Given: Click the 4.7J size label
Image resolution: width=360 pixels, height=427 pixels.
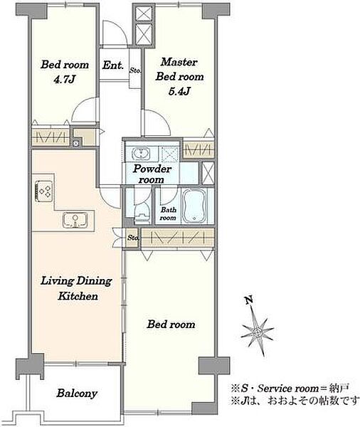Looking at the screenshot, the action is tap(64, 80).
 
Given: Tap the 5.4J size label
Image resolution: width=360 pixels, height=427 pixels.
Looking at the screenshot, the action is tap(179, 92).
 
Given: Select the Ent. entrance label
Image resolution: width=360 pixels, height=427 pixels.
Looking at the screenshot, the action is tap(113, 65).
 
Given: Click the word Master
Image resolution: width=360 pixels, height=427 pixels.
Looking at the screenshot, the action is tap(179, 62).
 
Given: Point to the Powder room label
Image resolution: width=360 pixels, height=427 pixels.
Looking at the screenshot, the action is tap(152, 174).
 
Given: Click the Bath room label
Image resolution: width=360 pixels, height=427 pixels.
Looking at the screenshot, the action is tap(168, 213).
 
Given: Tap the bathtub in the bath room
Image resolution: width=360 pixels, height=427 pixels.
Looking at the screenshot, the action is tap(194, 206).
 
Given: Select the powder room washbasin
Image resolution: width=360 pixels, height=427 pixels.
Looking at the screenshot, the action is tap(141, 154).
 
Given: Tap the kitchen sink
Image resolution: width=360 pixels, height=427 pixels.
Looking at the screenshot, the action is tap(75, 220).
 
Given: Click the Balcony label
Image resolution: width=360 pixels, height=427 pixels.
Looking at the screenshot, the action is tap(77, 394).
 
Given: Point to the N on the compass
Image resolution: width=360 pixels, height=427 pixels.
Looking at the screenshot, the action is tap(248, 300).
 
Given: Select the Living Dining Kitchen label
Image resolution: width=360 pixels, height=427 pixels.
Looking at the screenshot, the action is tap(77, 288).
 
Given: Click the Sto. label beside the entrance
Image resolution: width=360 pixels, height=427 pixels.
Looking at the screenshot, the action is tap(135, 70).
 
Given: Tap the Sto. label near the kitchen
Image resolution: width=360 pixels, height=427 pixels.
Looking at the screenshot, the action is tap(133, 238).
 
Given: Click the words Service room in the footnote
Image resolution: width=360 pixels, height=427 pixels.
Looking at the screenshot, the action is tap(288, 389).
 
